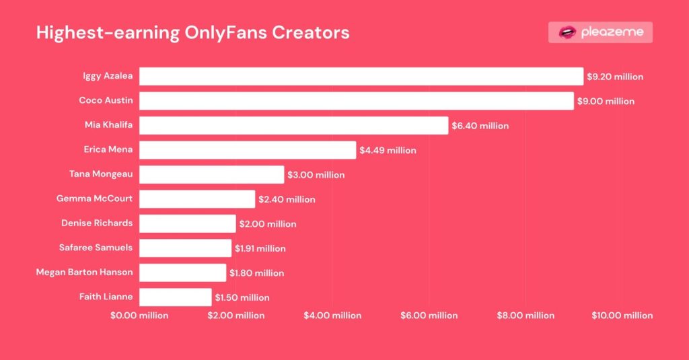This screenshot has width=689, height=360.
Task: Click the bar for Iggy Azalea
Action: [361, 76]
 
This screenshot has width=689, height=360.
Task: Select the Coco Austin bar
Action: [356, 101]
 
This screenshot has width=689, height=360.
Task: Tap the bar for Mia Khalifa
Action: [293, 125]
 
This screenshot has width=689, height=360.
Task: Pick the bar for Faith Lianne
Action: [175, 297]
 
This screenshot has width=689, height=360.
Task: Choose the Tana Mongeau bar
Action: [211, 174]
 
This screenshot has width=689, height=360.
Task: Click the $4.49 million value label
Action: [388, 150]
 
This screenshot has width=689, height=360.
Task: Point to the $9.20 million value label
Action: [615, 77]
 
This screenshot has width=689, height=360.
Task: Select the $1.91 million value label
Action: [260, 248]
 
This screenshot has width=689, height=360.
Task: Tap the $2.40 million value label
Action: [287, 199]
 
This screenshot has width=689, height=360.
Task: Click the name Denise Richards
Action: [97, 223]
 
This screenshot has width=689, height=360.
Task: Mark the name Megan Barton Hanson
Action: [84, 272]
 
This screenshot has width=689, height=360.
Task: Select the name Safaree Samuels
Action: [96, 247]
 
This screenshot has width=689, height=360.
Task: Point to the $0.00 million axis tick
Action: [139, 315]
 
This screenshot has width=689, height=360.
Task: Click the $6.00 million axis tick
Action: [429, 315]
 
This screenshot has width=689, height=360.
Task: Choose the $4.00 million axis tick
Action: [332, 315]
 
